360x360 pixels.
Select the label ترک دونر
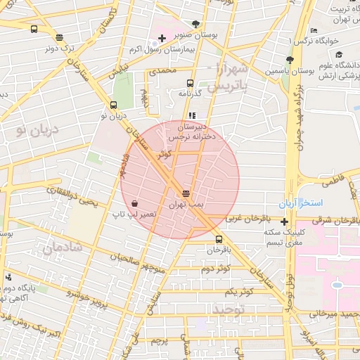pyautogui.click(x=60, y=49)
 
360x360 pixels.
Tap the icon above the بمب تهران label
pyautogui.click(x=186, y=193)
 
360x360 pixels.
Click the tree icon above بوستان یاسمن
pyautogui.click(x=290, y=60)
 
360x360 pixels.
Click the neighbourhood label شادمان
pyautogui.click(x=63, y=247)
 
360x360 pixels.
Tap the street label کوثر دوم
pyautogui.click(x=215, y=269)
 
